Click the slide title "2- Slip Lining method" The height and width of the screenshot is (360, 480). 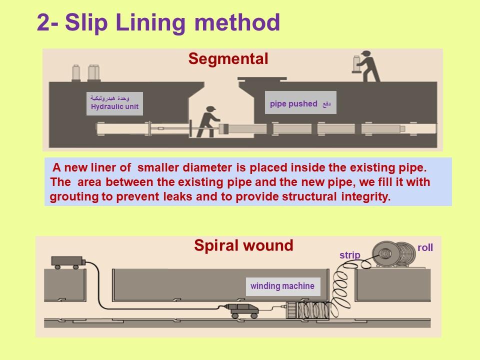(158, 22)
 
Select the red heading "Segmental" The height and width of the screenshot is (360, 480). (228, 59)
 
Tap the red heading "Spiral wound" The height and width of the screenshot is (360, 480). (243, 245)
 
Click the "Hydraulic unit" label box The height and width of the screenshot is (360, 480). (114, 103)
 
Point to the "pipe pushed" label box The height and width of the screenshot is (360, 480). (300, 103)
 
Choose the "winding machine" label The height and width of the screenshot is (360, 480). (282, 286)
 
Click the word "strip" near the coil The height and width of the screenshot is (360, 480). (349, 255)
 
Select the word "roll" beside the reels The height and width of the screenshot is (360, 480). (425, 247)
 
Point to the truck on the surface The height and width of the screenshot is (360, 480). (67, 261)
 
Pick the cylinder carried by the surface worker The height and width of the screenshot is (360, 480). (356, 63)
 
